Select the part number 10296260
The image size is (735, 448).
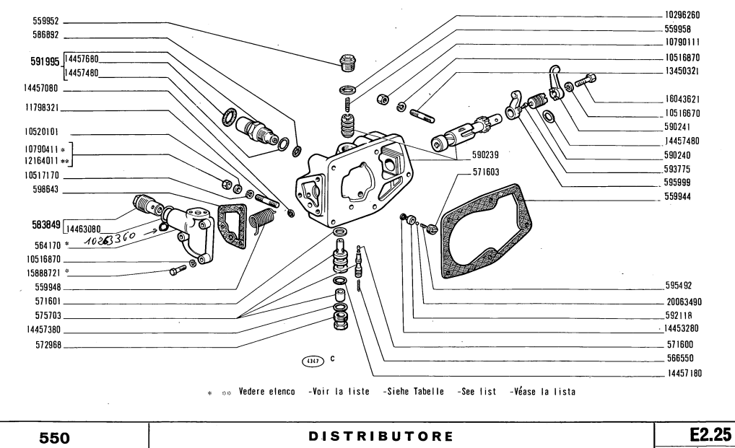681,14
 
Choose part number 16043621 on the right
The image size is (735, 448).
682,99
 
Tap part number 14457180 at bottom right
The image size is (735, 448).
681,373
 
